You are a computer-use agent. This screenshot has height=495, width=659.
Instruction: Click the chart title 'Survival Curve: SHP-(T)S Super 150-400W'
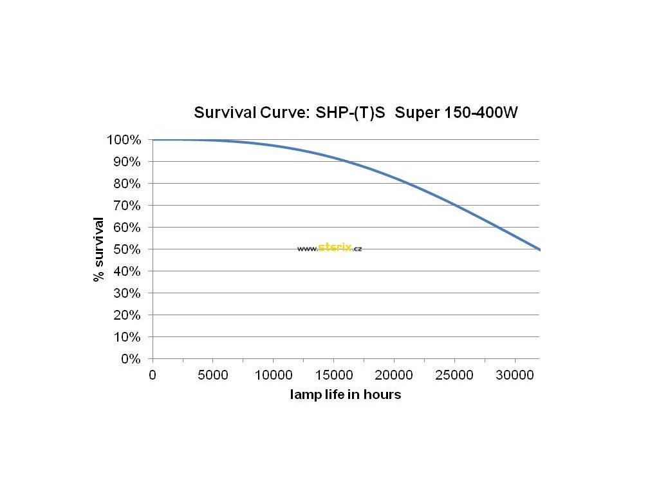(x=356, y=113)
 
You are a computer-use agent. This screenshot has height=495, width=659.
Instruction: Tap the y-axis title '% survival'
(x=98, y=249)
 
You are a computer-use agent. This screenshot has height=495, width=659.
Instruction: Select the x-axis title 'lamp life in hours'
(x=346, y=394)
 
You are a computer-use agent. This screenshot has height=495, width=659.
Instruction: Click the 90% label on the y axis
(x=127, y=162)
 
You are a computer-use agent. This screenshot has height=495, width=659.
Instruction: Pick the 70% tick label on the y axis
(x=127, y=206)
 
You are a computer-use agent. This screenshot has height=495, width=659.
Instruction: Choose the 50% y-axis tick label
(x=127, y=249)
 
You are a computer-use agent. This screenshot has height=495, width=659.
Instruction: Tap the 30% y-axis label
(x=127, y=293)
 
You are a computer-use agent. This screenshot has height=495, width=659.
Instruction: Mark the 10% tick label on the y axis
(x=127, y=337)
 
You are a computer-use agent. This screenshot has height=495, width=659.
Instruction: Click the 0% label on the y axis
(x=131, y=359)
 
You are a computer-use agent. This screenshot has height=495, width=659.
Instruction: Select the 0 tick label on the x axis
(x=153, y=375)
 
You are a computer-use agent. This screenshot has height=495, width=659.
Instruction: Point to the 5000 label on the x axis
(x=213, y=375)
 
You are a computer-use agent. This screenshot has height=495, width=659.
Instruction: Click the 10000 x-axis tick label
(x=273, y=375)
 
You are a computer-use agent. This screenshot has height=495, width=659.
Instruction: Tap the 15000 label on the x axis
(x=333, y=375)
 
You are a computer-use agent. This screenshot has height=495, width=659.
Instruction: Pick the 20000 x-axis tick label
(x=394, y=375)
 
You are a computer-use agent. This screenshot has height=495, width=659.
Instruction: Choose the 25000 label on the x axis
(x=454, y=375)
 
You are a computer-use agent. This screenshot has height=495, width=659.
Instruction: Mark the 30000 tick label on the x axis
(x=515, y=375)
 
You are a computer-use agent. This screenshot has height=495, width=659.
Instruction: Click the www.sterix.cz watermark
(x=329, y=248)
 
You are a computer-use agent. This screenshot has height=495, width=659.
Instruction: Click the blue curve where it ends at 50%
(x=538, y=249)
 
